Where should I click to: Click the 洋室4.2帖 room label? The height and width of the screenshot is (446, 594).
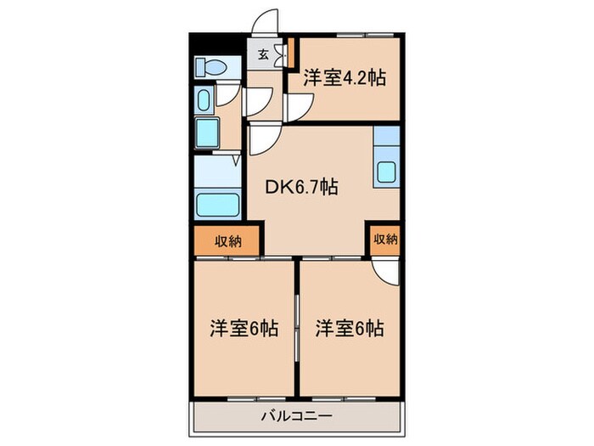pyautogui.click(x=345, y=79)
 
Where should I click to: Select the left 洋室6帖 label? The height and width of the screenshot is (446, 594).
pyautogui.click(x=244, y=327)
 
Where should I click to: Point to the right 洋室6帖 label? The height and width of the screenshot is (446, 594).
pyautogui.click(x=350, y=327)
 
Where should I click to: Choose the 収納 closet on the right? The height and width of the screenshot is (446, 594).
pyautogui.click(x=384, y=239)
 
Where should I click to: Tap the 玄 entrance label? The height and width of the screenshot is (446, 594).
pyautogui.click(x=263, y=56)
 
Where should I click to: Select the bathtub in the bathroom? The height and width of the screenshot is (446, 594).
pyautogui.click(x=217, y=204)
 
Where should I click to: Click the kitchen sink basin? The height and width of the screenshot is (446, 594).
pyautogui.click(x=387, y=172)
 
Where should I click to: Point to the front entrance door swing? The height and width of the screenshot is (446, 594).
pyautogui.click(x=266, y=23)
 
